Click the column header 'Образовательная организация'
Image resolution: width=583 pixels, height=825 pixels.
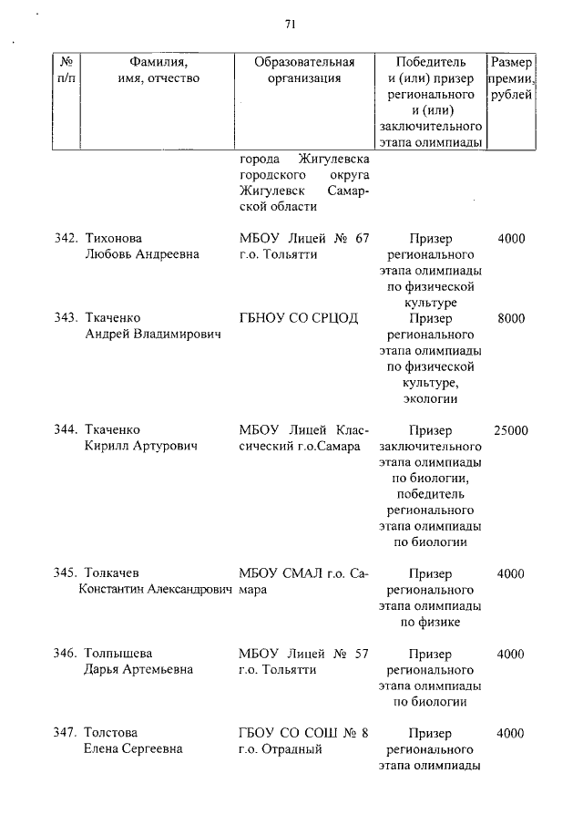click(303, 70)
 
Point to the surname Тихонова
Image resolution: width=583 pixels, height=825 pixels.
click(113, 239)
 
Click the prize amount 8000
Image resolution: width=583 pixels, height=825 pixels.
click(511, 318)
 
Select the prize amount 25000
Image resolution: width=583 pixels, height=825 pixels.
click(510, 430)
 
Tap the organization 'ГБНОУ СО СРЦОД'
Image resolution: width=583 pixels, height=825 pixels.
click(297, 318)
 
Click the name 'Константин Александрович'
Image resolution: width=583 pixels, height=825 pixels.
click(156, 590)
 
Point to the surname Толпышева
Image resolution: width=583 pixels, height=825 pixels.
click(118, 654)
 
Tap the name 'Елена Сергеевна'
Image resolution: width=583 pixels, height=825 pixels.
click(132, 749)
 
